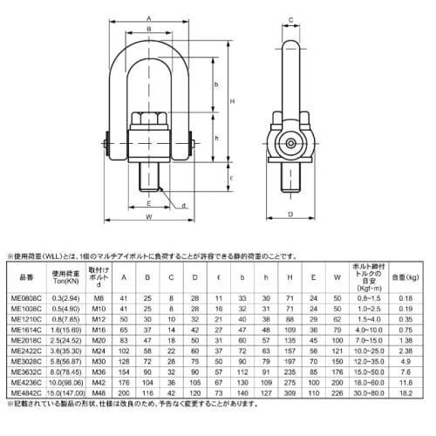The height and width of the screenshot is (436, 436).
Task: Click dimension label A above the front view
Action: (150, 17)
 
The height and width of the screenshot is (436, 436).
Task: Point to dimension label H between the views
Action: (230, 103)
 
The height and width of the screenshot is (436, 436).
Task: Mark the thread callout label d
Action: (185, 205)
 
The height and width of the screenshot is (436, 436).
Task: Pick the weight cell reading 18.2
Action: (405, 392)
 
